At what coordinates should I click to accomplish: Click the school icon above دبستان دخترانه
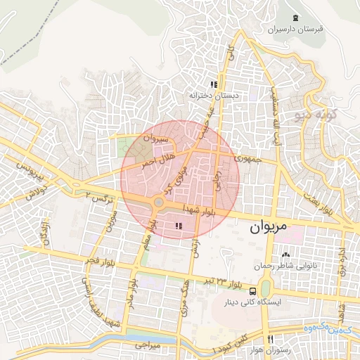click(x=214, y=84)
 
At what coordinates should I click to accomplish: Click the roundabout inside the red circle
click(x=159, y=203)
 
